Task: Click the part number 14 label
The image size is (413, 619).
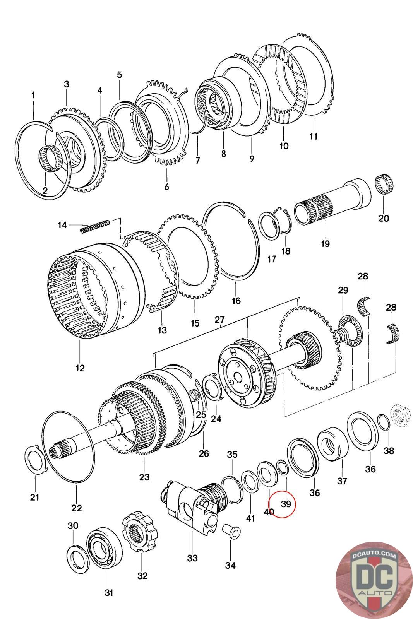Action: pyautogui.click(x=62, y=225)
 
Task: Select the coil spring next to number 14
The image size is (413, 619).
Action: pyautogui.click(x=95, y=226)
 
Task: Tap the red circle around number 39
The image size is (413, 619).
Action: pyautogui.click(x=283, y=504)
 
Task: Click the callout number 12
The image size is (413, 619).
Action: pyautogui.click(x=80, y=368)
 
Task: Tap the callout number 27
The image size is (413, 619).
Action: pyautogui.click(x=219, y=320)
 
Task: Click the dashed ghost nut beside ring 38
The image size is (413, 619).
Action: pyautogui.click(x=398, y=414)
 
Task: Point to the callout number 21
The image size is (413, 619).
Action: pyautogui.click(x=34, y=497)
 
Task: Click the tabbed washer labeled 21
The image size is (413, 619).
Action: pyautogui.click(x=35, y=458)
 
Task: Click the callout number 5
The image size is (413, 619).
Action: pyautogui.click(x=119, y=75)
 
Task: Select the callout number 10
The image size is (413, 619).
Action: pyautogui.click(x=284, y=145)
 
